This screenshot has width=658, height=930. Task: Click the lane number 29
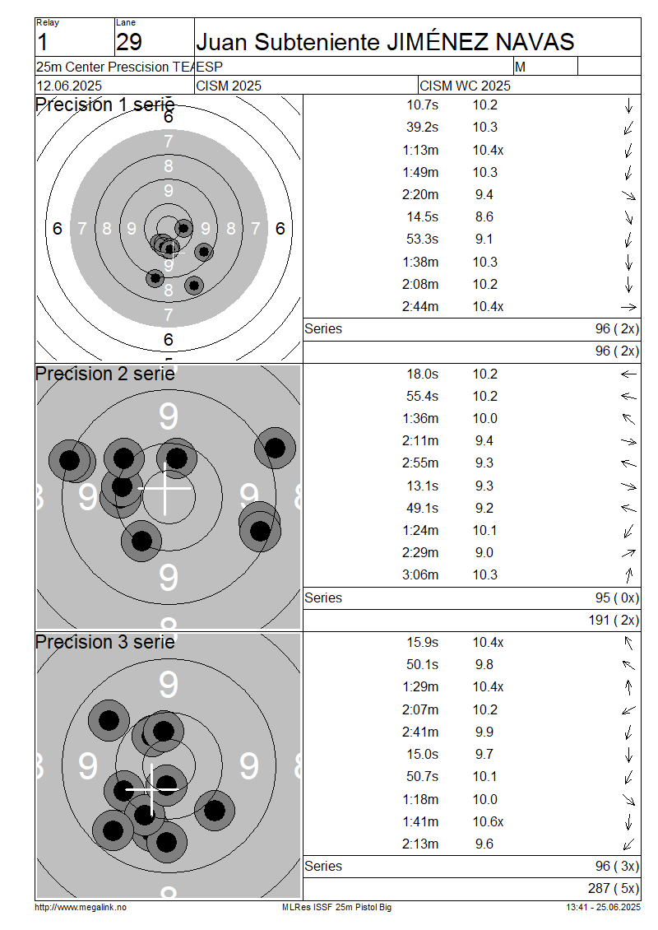(129, 42)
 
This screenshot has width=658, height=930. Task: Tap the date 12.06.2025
(69, 86)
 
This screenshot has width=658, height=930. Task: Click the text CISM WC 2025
(466, 86)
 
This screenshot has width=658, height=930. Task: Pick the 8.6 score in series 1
(484, 217)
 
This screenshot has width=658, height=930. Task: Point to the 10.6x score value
(488, 821)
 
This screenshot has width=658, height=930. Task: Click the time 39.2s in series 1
(422, 128)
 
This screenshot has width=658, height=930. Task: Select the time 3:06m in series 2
(420, 574)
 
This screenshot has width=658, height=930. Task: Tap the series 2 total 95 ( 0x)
(617, 598)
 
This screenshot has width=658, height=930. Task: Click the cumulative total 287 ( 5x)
(614, 888)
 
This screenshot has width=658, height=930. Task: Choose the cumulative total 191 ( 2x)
(614, 620)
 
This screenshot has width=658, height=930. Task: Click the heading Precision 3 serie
(105, 642)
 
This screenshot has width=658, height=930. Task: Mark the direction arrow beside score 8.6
(629, 217)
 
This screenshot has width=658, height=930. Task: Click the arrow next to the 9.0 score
(628, 553)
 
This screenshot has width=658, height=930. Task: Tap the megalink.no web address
(81, 907)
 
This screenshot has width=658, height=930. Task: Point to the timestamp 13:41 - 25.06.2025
(603, 907)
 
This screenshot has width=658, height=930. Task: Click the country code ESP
(209, 67)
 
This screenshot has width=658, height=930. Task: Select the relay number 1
(42, 42)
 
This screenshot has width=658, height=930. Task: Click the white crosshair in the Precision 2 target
(164, 488)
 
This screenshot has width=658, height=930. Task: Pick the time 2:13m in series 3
(420, 844)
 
